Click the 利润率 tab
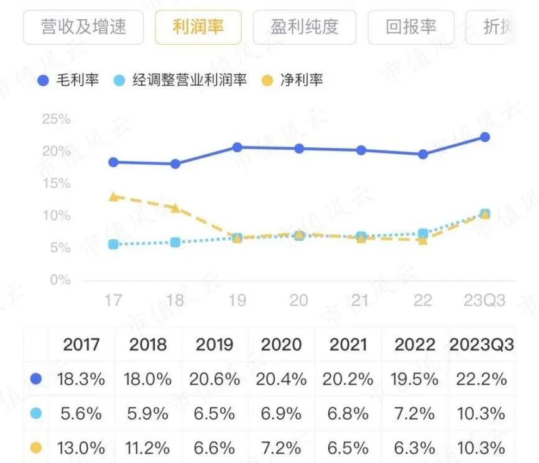point(198,27)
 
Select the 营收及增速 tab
point(83,27)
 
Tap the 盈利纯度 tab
point(305,27)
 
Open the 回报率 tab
point(411,27)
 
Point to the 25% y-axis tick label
point(57,119)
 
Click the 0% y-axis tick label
point(60,280)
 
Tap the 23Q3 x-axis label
point(485,301)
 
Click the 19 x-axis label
point(237,301)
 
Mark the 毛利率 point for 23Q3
point(485,137)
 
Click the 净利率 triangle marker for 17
point(113,196)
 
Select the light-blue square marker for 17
point(113,244)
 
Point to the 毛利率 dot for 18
point(175,164)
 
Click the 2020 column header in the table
point(282,344)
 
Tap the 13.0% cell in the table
point(82,447)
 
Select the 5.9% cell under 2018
point(149,413)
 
